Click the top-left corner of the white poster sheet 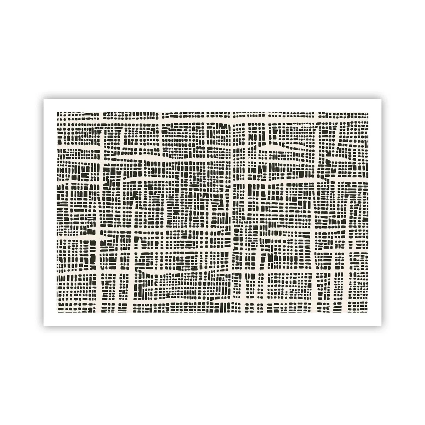[x=44, y=99]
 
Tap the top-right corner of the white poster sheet [x=381, y=99]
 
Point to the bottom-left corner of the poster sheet [x=44, y=326]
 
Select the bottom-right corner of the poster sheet [x=381, y=326]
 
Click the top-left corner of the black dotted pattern [x=57, y=112]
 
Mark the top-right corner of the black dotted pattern [x=368, y=112]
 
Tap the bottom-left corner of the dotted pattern [x=57, y=313]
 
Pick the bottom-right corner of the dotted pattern [x=368, y=313]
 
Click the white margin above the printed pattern [x=212, y=105]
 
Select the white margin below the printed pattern [x=212, y=319]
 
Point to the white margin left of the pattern [x=50, y=212]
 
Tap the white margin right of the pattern [x=375, y=212]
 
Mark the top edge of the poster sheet [x=212, y=99]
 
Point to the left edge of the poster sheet [x=44, y=212]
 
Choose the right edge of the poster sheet [x=381, y=212]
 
